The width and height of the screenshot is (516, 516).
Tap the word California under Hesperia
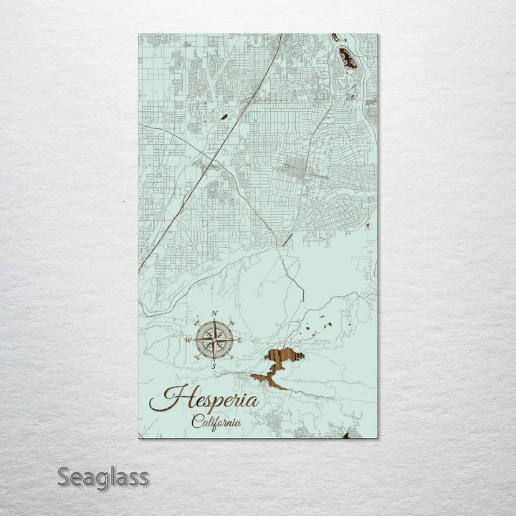tap(216, 423)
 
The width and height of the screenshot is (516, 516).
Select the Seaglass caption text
tap(102, 477)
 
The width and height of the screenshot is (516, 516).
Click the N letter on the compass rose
tap(214, 313)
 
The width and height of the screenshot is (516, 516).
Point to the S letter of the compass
tap(214, 366)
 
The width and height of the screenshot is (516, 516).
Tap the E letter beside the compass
tap(240, 340)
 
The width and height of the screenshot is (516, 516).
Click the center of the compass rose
tap(214, 340)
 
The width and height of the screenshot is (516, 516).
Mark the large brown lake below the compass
tap(284, 357)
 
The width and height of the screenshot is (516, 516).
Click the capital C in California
tap(196, 422)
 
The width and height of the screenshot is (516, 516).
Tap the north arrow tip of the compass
tap(214, 320)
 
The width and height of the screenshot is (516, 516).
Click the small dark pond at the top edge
tap(335, 37)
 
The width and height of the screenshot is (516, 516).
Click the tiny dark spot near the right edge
tap(367, 226)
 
